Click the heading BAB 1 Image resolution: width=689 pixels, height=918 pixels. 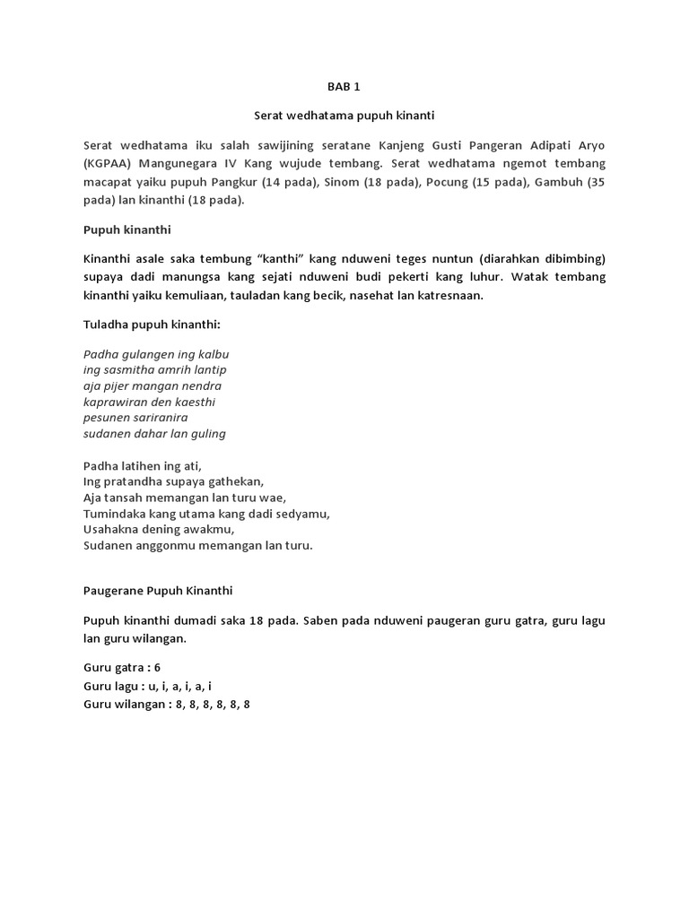344,87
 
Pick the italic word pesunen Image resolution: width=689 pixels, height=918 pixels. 106,418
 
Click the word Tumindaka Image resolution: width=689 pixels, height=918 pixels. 116,514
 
